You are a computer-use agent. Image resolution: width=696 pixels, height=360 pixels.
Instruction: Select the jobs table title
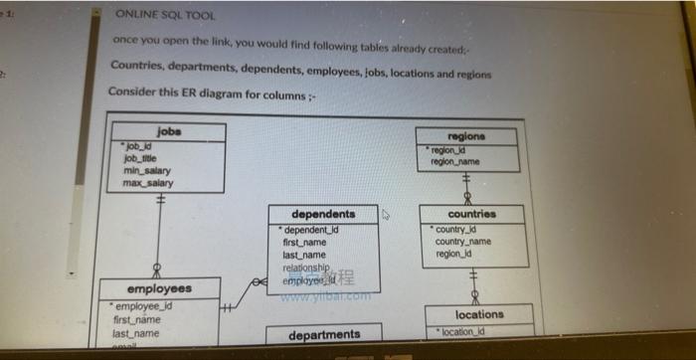point(169,131)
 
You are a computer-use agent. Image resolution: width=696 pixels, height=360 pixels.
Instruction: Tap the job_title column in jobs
point(139,158)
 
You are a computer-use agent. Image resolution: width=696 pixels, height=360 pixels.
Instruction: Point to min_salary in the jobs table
point(146,170)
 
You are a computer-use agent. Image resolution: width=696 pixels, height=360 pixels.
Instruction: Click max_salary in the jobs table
point(147,183)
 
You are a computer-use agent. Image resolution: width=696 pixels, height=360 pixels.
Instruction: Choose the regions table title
point(466,135)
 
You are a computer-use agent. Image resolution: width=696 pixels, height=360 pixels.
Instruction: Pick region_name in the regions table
point(455,160)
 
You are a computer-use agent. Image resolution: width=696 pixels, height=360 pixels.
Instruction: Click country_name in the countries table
point(462,242)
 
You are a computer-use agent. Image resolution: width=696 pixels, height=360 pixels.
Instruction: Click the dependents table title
point(323,214)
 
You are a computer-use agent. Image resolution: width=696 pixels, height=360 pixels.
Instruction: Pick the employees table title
point(160,289)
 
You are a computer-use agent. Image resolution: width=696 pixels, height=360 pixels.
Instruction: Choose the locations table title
point(479,314)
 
